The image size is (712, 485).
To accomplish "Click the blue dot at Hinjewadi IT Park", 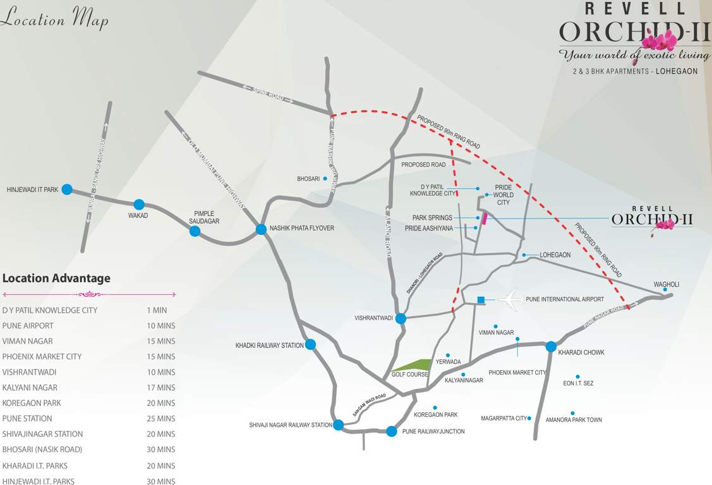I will pos(67,189).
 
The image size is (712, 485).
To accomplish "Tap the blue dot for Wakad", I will pos(139,204).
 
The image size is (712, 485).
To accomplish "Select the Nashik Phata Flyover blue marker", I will pos(261,229).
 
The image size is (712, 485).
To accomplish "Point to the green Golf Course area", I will pos(413,366).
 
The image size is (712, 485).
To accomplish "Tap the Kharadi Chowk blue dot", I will pos(551,346).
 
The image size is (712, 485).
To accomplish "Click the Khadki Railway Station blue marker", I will pos(310,344).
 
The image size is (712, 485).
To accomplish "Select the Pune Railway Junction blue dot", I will pos(392,431).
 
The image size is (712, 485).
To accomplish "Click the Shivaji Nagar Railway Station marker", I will pos(339,425).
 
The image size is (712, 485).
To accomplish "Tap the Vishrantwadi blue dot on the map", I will pos(401,318).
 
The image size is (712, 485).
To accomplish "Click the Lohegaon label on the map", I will pos(555,255).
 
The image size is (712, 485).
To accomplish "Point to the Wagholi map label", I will pos(666,284).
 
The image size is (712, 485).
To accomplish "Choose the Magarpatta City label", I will pos(504,418).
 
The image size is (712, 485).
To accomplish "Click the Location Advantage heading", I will pos(56,278).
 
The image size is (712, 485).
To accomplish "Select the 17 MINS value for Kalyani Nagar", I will pos(161,388).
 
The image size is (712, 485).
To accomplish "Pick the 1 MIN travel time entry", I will pos(157,310).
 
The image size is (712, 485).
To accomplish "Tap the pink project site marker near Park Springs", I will pos(485,219).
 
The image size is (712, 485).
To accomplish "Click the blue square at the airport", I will pos(481,299).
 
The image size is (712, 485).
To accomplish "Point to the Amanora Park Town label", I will pos(574,419).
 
